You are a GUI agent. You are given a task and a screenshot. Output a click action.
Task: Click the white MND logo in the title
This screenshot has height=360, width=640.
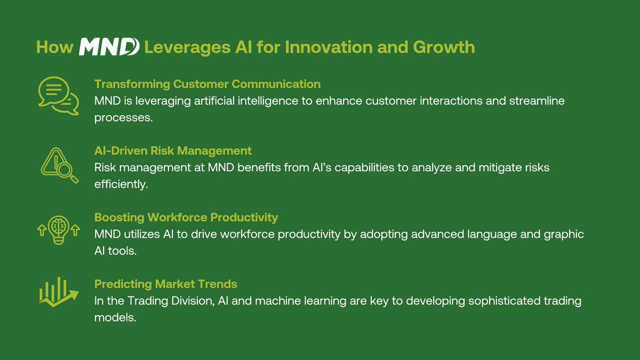(109, 47)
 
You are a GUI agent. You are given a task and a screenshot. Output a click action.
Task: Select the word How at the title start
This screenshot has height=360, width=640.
(54, 47)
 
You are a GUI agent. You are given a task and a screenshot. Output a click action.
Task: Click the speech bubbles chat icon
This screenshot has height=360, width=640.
(58, 95)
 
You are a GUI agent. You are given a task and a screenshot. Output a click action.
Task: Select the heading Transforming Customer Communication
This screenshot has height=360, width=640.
(207, 84)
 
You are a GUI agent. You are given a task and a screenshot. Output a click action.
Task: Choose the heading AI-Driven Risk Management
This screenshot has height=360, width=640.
(173, 151)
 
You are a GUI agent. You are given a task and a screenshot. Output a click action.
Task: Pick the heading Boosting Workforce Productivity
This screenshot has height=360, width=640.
(186, 218)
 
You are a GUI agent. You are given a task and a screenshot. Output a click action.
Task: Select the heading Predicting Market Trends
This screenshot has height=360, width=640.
(166, 284)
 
